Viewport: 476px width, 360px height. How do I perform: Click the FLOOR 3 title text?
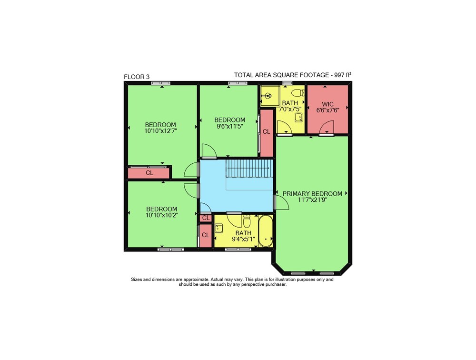click(137, 77)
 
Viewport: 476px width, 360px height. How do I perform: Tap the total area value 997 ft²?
click(343, 75)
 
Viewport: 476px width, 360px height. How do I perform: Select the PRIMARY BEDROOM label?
click(312, 193)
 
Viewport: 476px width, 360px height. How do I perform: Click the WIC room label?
click(328, 104)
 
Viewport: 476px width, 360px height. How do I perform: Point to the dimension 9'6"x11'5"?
click(230, 126)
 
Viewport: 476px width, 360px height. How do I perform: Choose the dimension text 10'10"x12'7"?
click(160, 131)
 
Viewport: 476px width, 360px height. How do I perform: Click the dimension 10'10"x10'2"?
click(162, 215)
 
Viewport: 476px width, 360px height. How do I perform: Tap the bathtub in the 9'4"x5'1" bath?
click(266, 231)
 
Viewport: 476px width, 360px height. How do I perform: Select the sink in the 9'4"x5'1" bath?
click(218, 228)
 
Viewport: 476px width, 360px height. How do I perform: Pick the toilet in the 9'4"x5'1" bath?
click(247, 221)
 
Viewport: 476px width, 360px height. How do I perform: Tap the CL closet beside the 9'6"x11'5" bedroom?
click(267, 133)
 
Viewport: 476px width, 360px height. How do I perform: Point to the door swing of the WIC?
click(327, 127)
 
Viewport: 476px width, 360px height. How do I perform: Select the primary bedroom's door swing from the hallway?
click(281, 202)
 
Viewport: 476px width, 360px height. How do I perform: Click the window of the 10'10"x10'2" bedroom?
click(170, 250)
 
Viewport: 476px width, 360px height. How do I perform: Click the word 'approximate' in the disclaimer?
click(196, 280)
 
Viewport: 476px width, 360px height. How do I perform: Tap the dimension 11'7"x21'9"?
click(312, 200)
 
